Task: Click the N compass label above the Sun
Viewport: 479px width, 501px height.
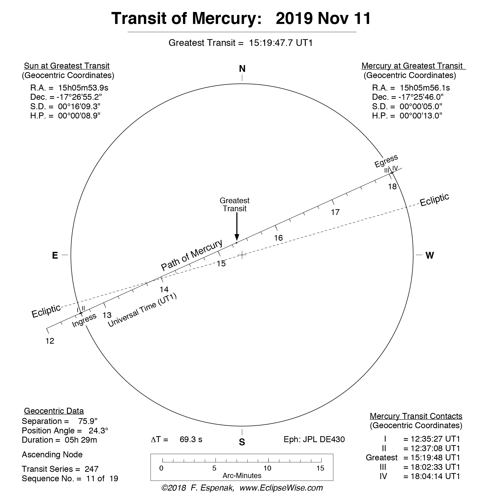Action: pyautogui.click(x=242, y=69)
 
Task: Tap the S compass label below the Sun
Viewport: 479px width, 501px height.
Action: pyautogui.click(x=242, y=442)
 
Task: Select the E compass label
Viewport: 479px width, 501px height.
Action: pyautogui.click(x=55, y=255)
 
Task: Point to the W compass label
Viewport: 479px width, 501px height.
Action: pyautogui.click(x=430, y=255)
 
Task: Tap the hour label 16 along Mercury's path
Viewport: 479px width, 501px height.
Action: pyautogui.click(x=278, y=238)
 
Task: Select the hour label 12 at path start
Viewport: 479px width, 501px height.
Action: pyautogui.click(x=50, y=341)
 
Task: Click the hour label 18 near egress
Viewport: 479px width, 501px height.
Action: pyautogui.click(x=392, y=187)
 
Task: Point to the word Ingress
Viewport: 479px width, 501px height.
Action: pyautogui.click(x=84, y=320)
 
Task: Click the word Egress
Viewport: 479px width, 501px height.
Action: pyautogui.click(x=386, y=161)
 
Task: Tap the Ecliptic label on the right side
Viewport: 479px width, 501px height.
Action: pyautogui.click(x=434, y=200)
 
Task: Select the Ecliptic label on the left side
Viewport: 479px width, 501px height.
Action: pyautogui.click(x=46, y=311)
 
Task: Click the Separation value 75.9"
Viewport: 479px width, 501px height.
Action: pyautogui.click(x=88, y=421)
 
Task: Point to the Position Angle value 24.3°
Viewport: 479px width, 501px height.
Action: pyautogui.click(x=98, y=430)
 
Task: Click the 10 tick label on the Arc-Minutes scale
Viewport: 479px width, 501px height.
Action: pyautogui.click(x=267, y=468)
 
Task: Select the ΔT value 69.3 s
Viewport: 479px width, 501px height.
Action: pyautogui.click(x=191, y=439)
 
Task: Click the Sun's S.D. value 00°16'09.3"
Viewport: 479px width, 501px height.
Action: pyautogui.click(x=79, y=106)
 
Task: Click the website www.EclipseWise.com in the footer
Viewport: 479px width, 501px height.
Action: pyautogui.click(x=281, y=488)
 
